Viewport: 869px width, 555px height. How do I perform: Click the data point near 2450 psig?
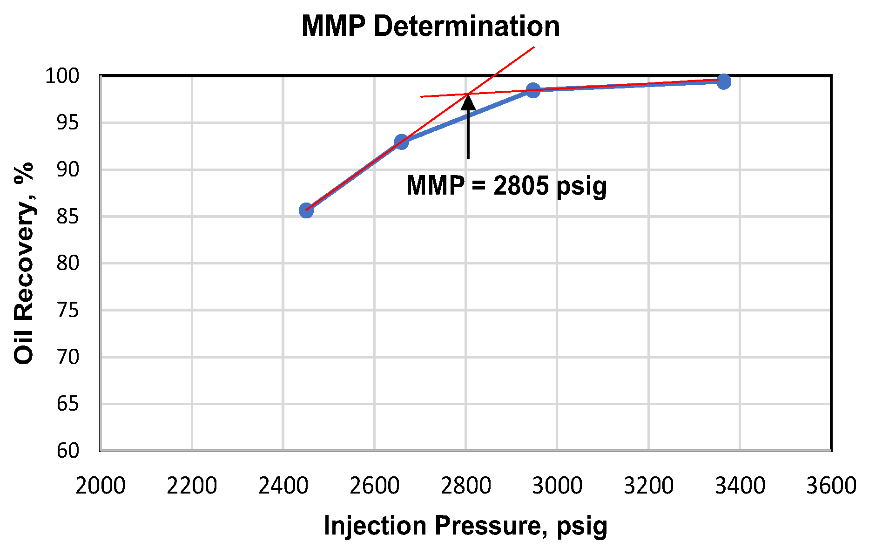coord(306,210)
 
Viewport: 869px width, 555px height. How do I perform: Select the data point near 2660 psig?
coord(402,142)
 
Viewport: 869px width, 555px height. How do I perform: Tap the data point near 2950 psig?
coord(533,90)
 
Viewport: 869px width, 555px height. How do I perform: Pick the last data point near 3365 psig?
coord(723,82)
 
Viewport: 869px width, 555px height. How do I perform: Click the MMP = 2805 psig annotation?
coord(506,186)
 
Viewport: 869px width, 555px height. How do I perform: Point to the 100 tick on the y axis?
coord(62,76)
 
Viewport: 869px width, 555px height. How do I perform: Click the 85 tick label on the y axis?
coord(68,217)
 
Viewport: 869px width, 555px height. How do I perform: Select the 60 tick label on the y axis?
coord(68,451)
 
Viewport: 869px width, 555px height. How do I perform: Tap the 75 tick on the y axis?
coord(68,310)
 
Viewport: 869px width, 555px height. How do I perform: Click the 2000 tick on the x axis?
coord(101,486)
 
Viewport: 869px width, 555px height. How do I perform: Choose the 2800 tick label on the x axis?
coord(466,486)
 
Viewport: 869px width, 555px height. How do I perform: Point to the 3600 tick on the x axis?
coord(831,486)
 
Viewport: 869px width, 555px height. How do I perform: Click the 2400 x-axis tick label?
coord(283,486)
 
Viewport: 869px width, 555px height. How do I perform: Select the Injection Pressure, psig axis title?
coord(465,526)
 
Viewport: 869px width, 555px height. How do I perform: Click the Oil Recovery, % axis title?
coord(24,264)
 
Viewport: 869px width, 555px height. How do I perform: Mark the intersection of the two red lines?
coord(468,94)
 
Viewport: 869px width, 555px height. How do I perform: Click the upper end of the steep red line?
coord(533,47)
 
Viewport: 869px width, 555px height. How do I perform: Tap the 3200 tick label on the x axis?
coord(648,486)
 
